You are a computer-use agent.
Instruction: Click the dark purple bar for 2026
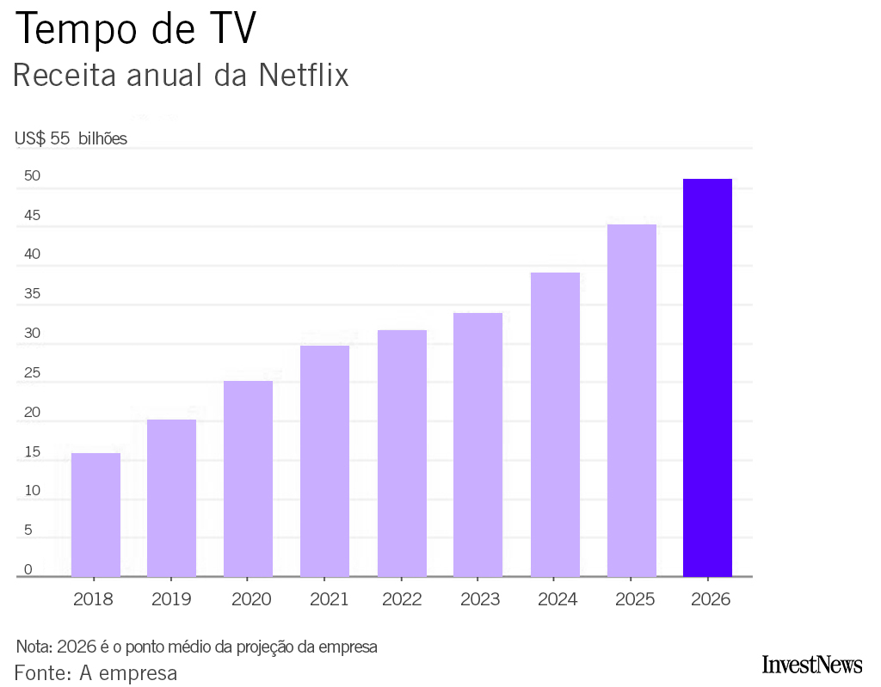pyautogui.click(x=707, y=377)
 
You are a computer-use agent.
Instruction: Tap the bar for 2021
pyautogui.click(x=324, y=461)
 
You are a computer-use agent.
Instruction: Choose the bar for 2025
pyautogui.click(x=631, y=400)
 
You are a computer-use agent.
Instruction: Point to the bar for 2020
pyautogui.click(x=248, y=478)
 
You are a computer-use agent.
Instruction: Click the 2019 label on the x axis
pyautogui.click(x=171, y=599)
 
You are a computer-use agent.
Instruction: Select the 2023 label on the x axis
pyautogui.click(x=479, y=599)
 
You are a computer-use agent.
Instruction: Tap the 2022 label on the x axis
pyautogui.click(x=402, y=599)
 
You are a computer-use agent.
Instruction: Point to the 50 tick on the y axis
pyautogui.click(x=33, y=176)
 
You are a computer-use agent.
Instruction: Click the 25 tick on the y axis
pyautogui.click(x=33, y=373)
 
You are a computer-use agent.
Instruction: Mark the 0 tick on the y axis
pyautogui.click(x=28, y=569)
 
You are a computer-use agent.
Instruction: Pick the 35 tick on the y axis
pyautogui.click(x=33, y=294)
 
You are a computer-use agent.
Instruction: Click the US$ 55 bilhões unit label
pyautogui.click(x=71, y=138)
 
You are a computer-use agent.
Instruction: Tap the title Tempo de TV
pyautogui.click(x=136, y=29)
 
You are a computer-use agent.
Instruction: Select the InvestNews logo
pyautogui.click(x=811, y=665)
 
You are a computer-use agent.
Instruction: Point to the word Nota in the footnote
pyautogui.click(x=34, y=647)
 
